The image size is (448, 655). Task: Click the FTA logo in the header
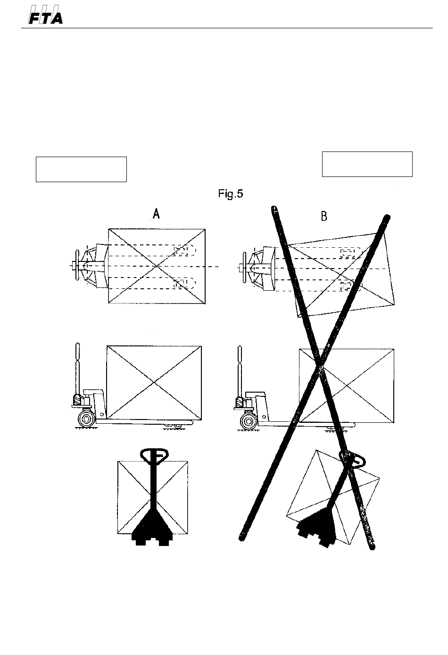pos(45,15)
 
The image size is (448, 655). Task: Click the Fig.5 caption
pos(231,194)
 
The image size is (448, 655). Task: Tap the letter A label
pos(157,214)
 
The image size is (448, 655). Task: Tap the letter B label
pos(324,217)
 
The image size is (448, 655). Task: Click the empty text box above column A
pos(81,169)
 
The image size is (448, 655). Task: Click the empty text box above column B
pos(367,164)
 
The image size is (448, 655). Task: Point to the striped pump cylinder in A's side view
pos(77,399)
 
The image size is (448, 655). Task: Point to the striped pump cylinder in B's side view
pos(240,402)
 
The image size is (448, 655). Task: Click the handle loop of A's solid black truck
pos(155,455)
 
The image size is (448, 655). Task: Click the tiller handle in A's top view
pos(77,265)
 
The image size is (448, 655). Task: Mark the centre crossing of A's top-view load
pos(157,266)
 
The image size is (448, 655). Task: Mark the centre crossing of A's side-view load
pos(154,382)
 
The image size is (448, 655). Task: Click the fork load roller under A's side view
pos(178,426)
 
